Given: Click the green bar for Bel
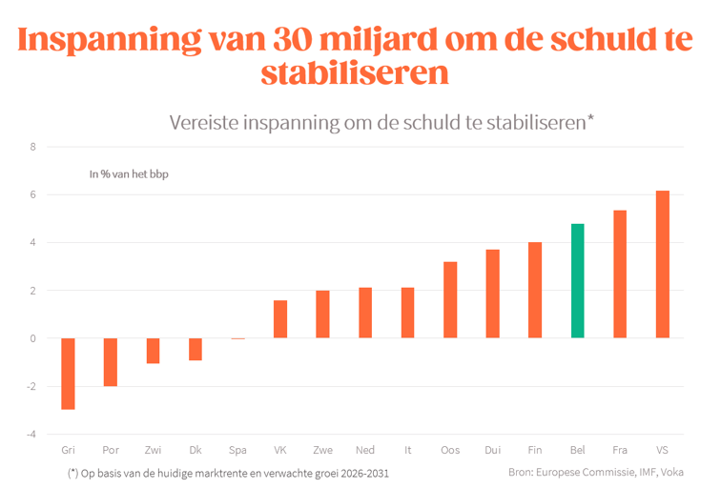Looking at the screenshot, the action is [x=578, y=281].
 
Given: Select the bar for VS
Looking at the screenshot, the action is [x=663, y=264].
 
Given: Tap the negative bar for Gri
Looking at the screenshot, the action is [x=68, y=374].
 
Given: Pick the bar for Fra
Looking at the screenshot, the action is [x=620, y=274].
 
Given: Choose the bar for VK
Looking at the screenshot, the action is [x=280, y=319].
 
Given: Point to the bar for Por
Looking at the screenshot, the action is [x=111, y=362].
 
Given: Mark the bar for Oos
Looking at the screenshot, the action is [x=450, y=300].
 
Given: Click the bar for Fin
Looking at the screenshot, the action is [x=535, y=290].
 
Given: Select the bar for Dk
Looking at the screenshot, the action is [x=196, y=349].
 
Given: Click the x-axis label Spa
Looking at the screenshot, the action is [x=237, y=450].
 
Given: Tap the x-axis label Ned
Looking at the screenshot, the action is [x=365, y=450].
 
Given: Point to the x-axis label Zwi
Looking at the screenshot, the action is [x=154, y=450].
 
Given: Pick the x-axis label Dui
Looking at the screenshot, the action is [x=492, y=450].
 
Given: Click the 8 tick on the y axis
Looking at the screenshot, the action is [x=33, y=147].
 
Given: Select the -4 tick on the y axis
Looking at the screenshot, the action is [x=31, y=435].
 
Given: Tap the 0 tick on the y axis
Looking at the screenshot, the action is [x=33, y=338].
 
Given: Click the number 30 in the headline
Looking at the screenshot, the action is [x=293, y=39].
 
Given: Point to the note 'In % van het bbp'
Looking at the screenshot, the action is [x=129, y=174].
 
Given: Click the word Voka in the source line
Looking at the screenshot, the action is [x=671, y=472].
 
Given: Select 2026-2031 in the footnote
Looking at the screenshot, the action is [x=365, y=474].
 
